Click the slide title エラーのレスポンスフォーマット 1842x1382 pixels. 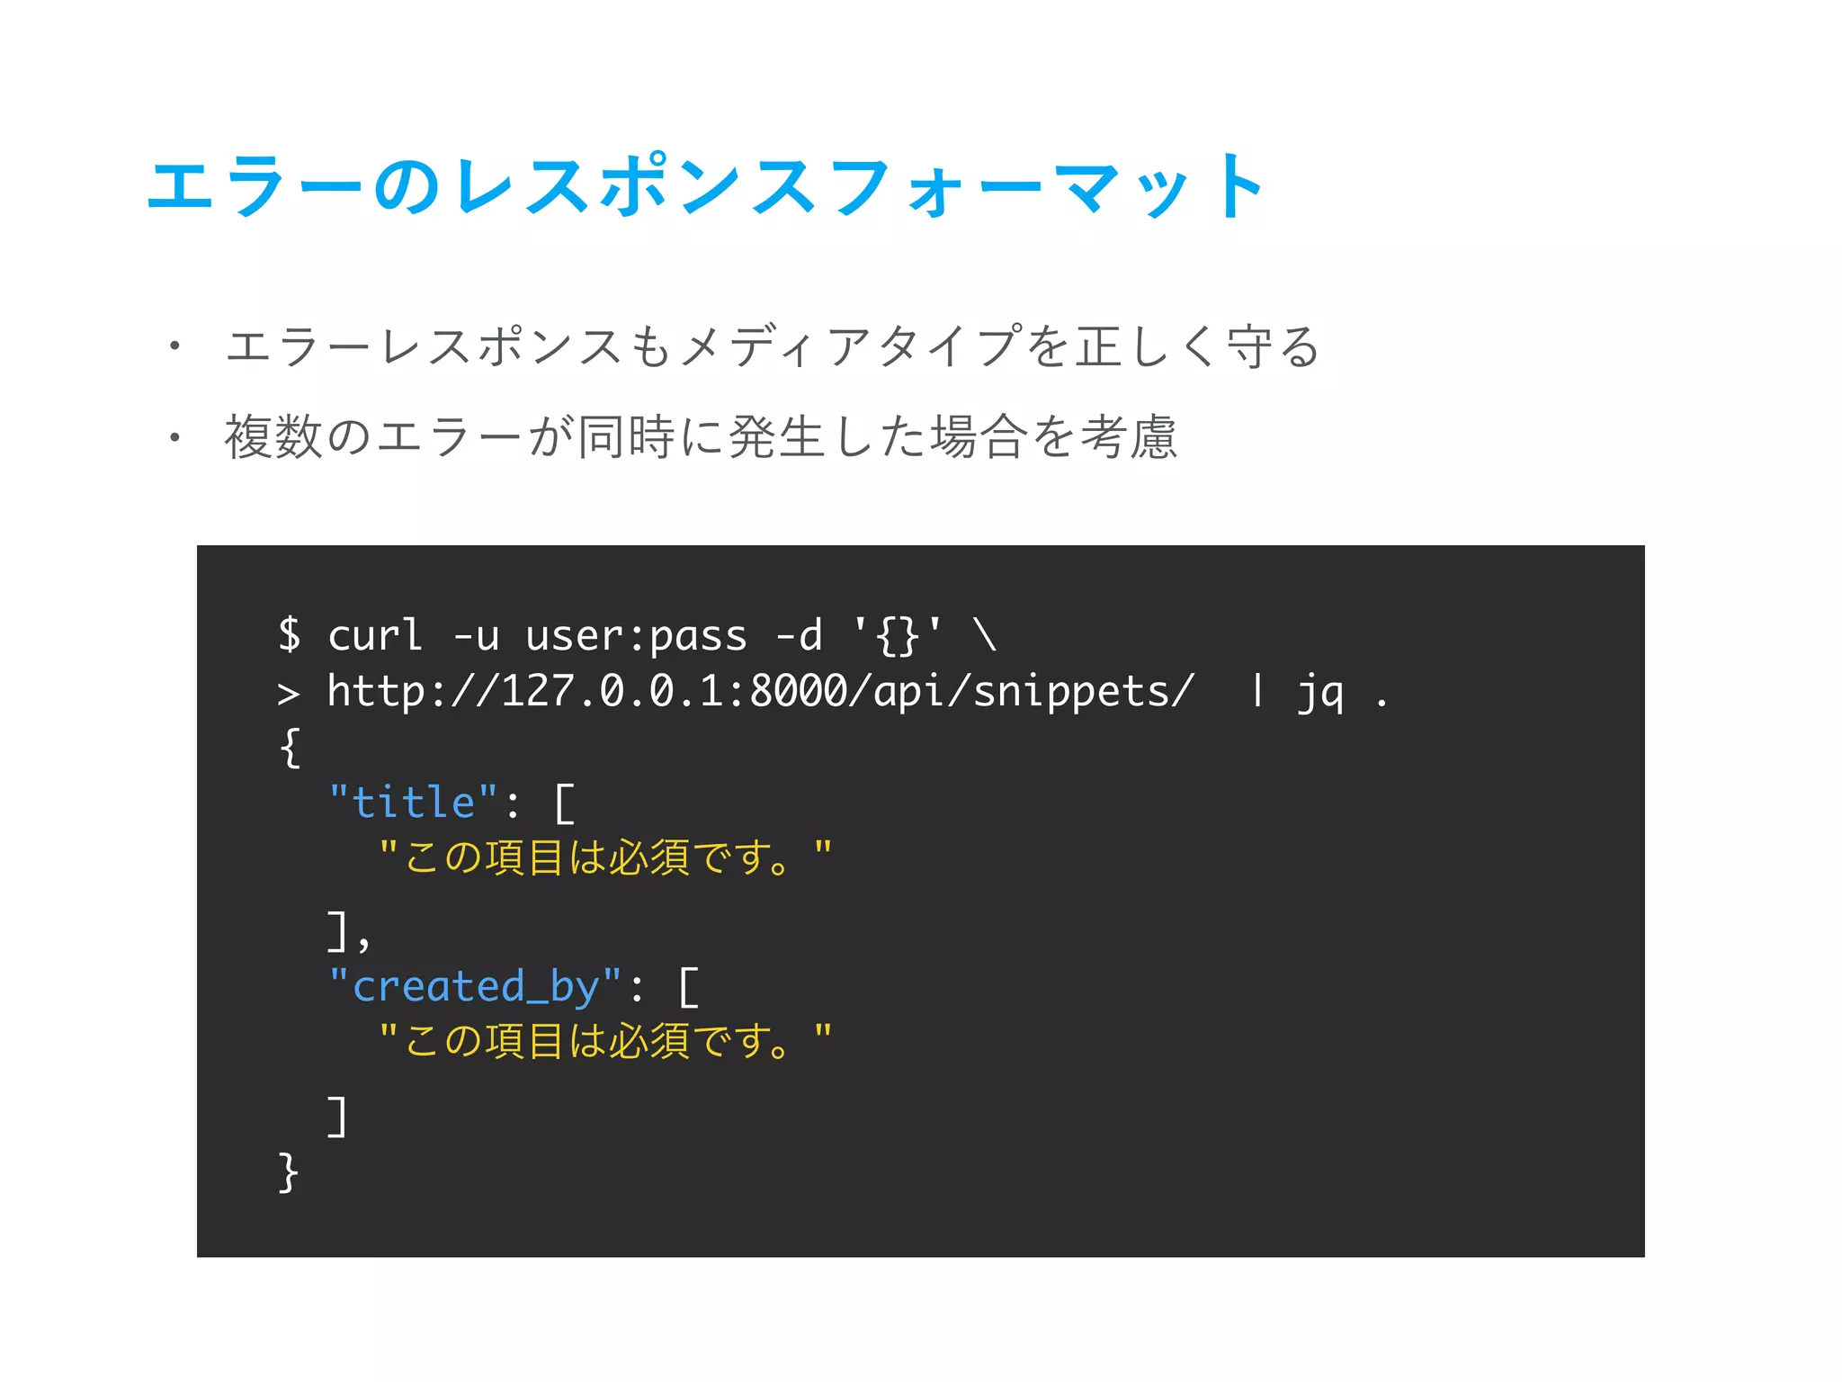pyautogui.click(x=707, y=186)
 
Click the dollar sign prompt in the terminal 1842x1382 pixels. pyautogui.click(x=290, y=634)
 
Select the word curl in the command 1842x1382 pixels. pyautogui.click(x=374, y=636)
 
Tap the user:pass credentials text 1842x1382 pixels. pyautogui.click(x=636, y=636)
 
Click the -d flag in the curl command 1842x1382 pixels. pyautogui.click(x=799, y=636)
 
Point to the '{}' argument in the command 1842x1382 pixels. pyautogui.click(x=898, y=636)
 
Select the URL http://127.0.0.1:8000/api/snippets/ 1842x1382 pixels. pyautogui.click(x=761, y=692)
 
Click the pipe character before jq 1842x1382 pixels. pyautogui.click(x=1257, y=691)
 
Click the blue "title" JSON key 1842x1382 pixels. pyautogui.click(x=414, y=802)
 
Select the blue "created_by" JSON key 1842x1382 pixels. pyautogui.click(x=475, y=987)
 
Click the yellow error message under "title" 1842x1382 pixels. pyautogui.click(x=604, y=857)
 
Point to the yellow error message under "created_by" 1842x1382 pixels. pyautogui.click(x=604, y=1040)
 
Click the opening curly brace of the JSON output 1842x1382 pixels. pyautogui.click(x=290, y=748)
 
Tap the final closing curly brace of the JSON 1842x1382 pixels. pyautogui.click(x=288, y=1172)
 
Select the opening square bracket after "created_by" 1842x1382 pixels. pyautogui.click(x=688, y=987)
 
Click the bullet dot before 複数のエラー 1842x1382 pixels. pyautogui.click(x=174, y=437)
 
